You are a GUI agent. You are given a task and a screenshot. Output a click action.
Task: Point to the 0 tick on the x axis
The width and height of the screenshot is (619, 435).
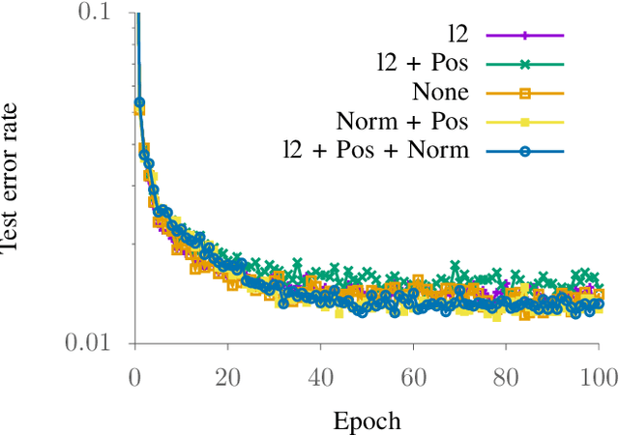(134, 374)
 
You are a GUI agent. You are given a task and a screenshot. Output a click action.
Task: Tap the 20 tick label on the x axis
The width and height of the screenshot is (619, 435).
(227, 374)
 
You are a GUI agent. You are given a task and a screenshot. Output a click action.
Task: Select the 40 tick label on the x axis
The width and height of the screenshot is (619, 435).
(320, 374)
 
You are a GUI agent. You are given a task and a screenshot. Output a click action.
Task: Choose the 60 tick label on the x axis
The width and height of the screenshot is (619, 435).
(413, 374)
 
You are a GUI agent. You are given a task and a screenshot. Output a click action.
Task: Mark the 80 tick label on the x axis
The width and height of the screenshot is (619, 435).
(506, 374)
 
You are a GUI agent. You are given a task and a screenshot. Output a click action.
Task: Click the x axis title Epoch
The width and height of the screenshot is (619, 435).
(367, 420)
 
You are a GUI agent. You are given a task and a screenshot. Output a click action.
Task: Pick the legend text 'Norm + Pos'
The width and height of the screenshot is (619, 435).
(402, 122)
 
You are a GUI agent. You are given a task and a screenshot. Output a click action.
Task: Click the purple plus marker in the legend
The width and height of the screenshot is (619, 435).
(525, 36)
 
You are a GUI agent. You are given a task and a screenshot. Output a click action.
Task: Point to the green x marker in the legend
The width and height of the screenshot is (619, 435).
(525, 65)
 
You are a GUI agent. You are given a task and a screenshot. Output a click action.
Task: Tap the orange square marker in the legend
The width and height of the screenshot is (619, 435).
(525, 93)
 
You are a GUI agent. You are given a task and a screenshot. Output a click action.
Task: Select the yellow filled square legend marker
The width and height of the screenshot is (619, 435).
(525, 122)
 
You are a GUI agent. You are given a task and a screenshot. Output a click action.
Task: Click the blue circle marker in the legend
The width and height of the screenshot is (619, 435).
(525, 151)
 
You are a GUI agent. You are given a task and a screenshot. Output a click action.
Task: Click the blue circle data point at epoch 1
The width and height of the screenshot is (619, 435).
(139, 101)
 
